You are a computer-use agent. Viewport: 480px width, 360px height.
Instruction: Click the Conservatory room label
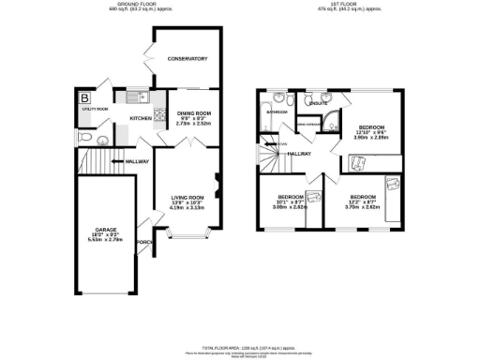pos(187,59)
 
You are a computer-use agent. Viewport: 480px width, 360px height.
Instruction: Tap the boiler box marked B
pos(85,97)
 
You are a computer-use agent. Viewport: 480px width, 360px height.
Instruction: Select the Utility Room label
pos(95,110)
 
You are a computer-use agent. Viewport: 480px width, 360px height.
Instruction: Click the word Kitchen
pos(140,119)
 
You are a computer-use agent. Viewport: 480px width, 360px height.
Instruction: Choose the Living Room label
pos(187,197)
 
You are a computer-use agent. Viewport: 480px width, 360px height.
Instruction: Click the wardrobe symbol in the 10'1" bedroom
pos(312,196)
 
